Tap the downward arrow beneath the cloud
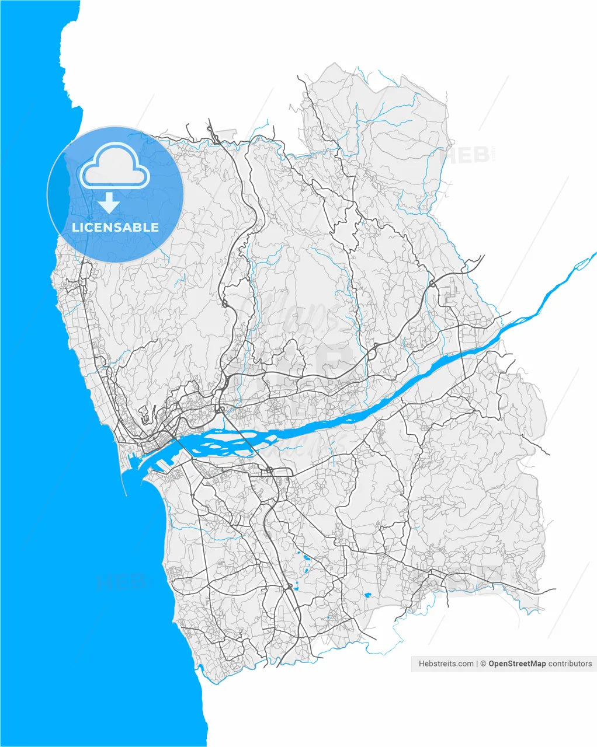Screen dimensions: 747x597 coord(109,203)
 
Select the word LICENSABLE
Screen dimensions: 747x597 coord(115,227)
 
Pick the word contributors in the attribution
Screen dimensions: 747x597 coord(570,664)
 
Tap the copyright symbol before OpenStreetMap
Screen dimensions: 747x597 coord(483,664)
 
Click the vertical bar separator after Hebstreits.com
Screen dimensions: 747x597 coord(477,664)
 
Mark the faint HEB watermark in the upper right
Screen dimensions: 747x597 coord(468,155)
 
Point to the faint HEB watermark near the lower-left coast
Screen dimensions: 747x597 coord(119,582)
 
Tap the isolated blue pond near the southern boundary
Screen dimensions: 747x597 coord(367,595)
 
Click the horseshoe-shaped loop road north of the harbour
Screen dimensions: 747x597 coord(144,415)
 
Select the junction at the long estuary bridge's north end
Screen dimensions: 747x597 coord(221,409)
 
